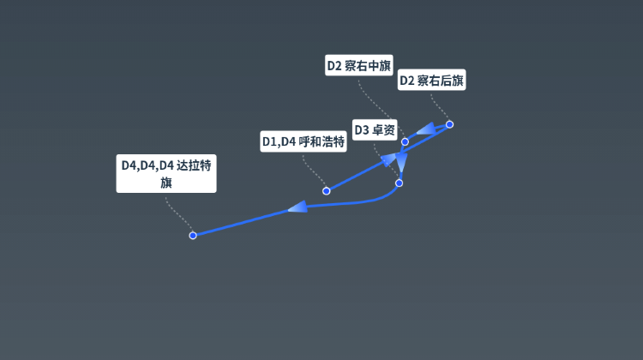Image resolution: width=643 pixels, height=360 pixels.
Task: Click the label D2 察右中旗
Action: coord(359,65)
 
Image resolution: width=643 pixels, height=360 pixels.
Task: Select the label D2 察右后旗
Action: coord(431,80)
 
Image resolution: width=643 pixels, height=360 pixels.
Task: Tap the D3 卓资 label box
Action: coord(375,130)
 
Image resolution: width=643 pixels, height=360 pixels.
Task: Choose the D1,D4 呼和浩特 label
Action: coord(303,141)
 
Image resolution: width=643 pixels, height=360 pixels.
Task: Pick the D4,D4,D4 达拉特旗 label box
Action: coord(166,173)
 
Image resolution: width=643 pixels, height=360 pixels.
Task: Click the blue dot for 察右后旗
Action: coord(449,124)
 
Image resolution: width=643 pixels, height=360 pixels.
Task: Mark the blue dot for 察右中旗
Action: coord(405,142)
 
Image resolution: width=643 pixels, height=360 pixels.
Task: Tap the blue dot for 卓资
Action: coord(399,183)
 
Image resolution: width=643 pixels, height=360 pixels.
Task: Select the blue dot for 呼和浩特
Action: coord(326,190)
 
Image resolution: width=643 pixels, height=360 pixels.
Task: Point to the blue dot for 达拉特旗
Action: coord(193,236)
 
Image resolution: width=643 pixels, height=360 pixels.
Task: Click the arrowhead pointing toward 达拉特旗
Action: coord(297,207)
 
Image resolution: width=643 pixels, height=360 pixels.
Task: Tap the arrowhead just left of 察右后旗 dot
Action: coord(426,129)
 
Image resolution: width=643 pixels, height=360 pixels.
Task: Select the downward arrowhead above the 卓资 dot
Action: coord(401,162)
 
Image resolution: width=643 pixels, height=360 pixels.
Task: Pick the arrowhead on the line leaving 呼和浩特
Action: coord(388,159)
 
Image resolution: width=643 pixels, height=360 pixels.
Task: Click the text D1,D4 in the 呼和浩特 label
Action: coord(279,142)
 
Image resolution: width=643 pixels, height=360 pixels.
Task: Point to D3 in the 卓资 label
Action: coord(362,130)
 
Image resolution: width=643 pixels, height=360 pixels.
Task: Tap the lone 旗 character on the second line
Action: coord(166,183)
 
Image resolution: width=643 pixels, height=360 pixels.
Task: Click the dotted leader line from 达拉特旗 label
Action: coord(177,214)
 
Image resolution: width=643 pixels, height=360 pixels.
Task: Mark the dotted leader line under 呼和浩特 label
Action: coord(313,171)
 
